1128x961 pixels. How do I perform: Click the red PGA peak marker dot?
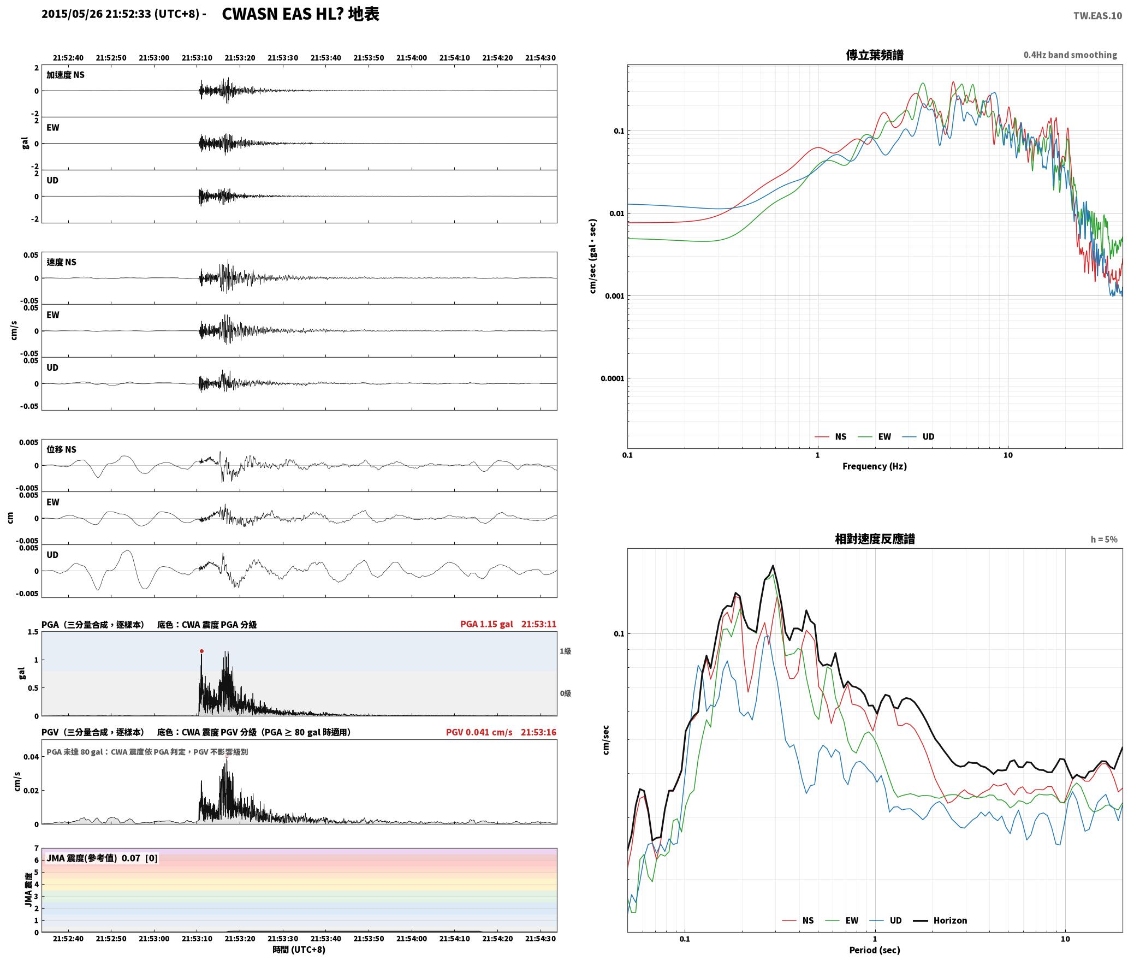[201, 651]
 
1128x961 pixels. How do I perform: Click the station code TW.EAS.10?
[1097, 16]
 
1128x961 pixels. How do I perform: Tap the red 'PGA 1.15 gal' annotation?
[486, 624]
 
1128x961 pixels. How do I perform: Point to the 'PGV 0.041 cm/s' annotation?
[479, 732]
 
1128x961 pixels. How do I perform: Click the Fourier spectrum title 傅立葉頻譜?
[875, 55]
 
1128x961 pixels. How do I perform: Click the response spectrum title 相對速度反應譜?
[875, 539]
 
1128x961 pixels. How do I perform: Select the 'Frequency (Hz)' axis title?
[875, 466]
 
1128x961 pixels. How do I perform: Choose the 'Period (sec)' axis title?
[875, 950]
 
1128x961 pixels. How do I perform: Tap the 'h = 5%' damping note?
[1104, 539]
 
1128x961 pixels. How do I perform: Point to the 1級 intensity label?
[565, 651]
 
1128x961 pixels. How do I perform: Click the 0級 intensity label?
[565, 693]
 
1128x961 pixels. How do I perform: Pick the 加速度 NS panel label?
[66, 75]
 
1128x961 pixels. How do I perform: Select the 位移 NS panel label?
[61, 449]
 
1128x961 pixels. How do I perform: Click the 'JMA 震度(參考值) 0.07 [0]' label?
[102, 858]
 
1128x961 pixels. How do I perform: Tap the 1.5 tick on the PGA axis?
[33, 632]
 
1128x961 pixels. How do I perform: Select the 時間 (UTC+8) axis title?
[299, 950]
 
